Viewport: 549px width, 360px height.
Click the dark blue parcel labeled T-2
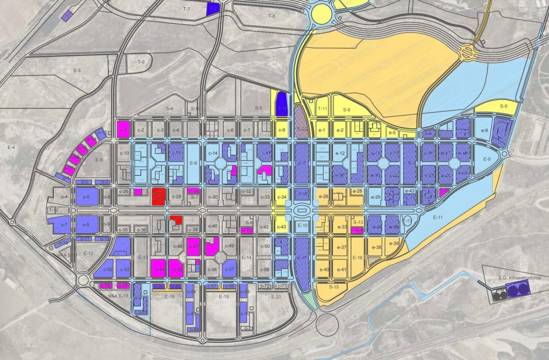(213, 9)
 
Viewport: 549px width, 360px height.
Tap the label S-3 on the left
(77, 70)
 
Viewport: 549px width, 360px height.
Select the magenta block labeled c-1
(124, 130)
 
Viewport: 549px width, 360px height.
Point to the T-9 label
(141, 62)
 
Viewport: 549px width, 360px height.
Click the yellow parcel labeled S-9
(503, 107)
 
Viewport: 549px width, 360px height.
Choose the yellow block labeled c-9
(282, 130)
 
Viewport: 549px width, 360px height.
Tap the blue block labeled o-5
(87, 197)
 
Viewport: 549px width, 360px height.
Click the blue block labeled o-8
(87, 224)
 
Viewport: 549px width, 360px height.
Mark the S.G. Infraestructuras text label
(519, 278)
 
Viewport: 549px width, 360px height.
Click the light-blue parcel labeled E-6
(194, 163)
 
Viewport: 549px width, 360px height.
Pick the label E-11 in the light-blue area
(438, 217)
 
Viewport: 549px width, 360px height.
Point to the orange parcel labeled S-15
(334, 287)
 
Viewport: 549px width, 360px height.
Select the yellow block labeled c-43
(281, 226)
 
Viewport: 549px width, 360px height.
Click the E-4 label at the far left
(11, 147)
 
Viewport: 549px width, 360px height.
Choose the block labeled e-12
(340, 154)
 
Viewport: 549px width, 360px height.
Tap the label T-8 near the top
(271, 16)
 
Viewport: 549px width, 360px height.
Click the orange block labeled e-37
(342, 247)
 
